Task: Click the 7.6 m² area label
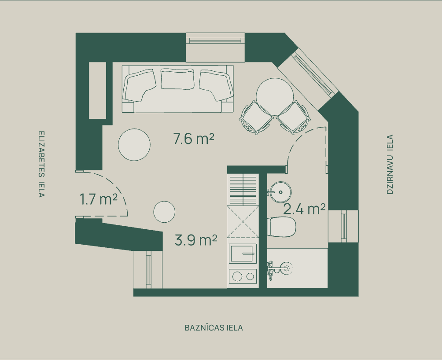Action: point(194,139)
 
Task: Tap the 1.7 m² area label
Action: point(98,199)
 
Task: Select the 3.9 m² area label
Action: point(196,240)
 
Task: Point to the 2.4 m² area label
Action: point(304,209)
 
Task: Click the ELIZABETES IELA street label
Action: point(41,164)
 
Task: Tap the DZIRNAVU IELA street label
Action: point(390,165)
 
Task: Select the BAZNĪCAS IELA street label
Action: point(214,328)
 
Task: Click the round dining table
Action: point(275,96)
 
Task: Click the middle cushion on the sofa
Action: point(177,79)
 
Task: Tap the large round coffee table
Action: point(134,145)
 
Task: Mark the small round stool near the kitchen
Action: point(164,212)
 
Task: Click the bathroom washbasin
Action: point(280,192)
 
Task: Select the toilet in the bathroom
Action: point(282,227)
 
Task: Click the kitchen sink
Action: point(243,253)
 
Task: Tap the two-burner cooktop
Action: point(243,276)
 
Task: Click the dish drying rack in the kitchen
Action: point(243,190)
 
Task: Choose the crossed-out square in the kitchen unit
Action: point(243,222)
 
